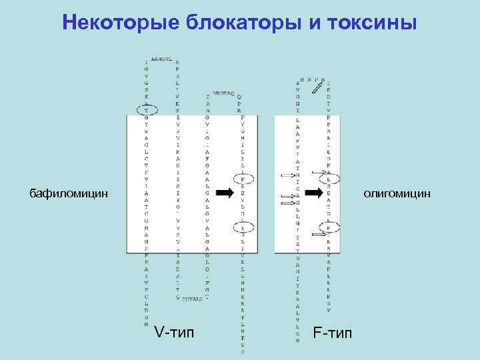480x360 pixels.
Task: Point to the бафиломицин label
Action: click(x=68, y=193)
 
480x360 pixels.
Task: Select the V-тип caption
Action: click(x=174, y=331)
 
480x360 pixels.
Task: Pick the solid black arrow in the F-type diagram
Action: click(x=313, y=193)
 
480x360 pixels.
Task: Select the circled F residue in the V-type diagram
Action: click(x=242, y=179)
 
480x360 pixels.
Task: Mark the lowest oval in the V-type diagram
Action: click(x=242, y=227)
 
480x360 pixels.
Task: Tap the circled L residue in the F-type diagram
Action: click(x=329, y=178)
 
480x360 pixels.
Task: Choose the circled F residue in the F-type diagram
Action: click(x=329, y=227)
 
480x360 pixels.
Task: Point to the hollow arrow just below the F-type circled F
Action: click(x=319, y=235)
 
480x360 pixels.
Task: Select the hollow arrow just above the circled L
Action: click(x=319, y=169)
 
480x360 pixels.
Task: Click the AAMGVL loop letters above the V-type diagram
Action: click(x=162, y=59)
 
